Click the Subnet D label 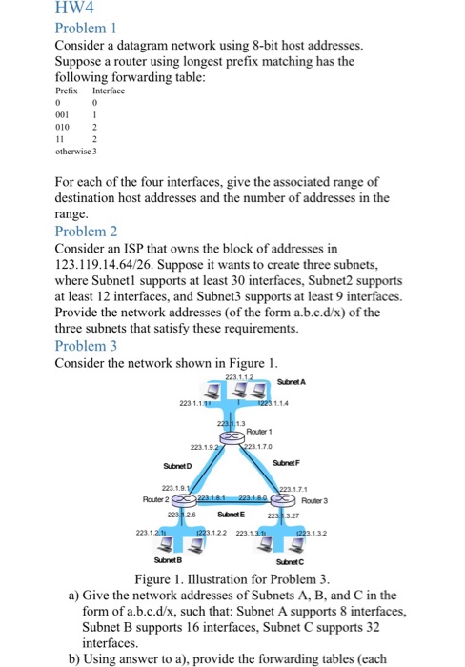[175, 466]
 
